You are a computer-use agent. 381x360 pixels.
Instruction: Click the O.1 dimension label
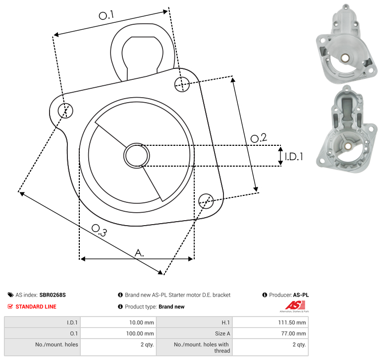point(106,15)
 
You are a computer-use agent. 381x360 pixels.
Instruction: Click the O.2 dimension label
point(259,138)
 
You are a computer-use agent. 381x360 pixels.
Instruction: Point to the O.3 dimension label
point(99,230)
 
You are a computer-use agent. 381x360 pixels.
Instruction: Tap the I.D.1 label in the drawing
point(294,157)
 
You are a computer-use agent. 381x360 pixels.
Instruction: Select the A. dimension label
point(139,253)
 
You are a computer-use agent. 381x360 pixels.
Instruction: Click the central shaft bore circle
point(137,156)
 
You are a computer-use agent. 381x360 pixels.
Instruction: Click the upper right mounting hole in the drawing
point(182,84)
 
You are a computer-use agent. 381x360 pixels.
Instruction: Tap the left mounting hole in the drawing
point(65,111)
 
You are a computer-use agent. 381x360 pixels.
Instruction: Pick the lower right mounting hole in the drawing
point(206,201)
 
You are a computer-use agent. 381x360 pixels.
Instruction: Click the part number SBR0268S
point(53,295)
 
